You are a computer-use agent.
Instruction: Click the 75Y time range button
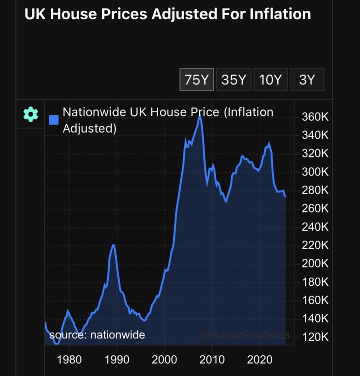coord(197,80)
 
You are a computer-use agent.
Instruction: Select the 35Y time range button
coord(233,80)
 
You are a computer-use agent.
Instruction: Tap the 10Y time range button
coord(270,80)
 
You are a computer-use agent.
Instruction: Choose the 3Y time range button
coord(307,80)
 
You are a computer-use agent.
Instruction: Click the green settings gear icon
coord(31,114)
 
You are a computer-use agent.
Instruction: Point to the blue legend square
coord(54,120)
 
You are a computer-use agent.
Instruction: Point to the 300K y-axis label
coord(315,172)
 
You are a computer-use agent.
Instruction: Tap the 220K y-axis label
coord(315,245)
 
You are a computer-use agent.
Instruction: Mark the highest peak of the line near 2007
coord(200,116)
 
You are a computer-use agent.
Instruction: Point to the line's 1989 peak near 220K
coord(113,245)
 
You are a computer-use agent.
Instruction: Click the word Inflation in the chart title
coord(280,14)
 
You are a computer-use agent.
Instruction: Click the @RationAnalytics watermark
coord(244,335)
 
